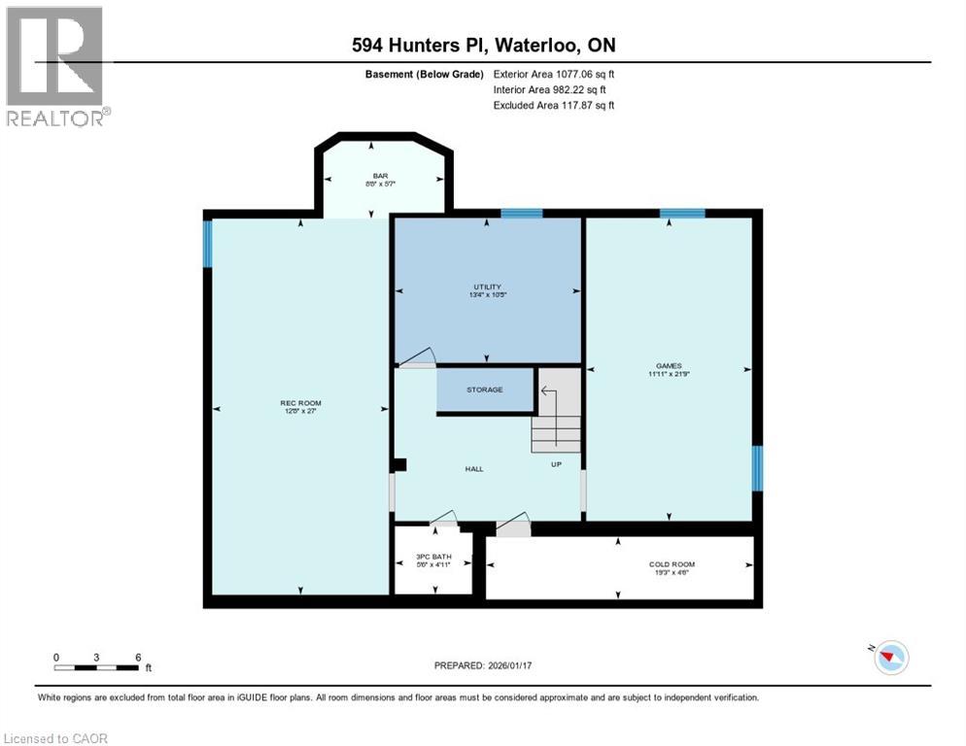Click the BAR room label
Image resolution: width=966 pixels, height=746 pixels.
coord(381,177)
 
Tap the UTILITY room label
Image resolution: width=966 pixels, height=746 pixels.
coord(487,287)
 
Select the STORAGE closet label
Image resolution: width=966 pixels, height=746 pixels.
coord(484,390)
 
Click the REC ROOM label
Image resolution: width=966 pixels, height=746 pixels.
coord(300,403)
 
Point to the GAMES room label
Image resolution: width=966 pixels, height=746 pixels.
coord(669,366)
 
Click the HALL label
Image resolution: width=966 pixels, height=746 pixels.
coord(473,469)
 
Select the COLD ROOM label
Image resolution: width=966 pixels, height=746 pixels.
coord(672,564)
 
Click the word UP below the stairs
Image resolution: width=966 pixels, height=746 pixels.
coord(557,464)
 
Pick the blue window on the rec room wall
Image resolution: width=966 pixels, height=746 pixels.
coord(207,243)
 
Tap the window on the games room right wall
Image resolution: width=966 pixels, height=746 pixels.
coord(758,468)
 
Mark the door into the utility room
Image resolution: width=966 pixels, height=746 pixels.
coord(416,358)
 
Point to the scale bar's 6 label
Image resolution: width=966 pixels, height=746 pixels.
coord(139,658)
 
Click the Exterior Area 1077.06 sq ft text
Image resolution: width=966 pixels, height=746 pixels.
coord(554,74)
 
